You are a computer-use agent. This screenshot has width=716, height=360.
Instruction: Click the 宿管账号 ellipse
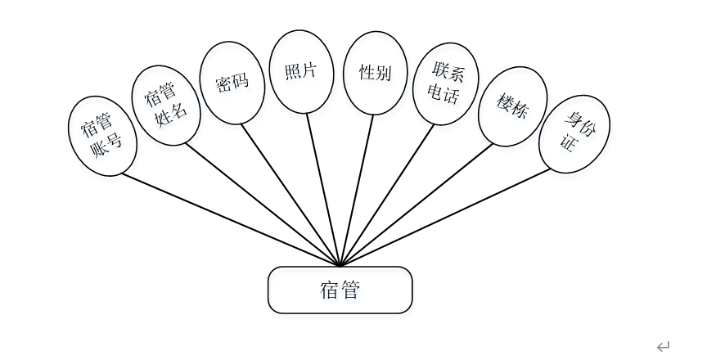pyautogui.click(x=101, y=135)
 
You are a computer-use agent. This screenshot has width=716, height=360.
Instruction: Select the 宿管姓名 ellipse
pyautogui.click(x=167, y=106)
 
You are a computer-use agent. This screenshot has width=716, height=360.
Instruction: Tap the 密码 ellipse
pyautogui.click(x=232, y=83)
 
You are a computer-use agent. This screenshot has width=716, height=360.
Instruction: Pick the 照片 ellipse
pyautogui.click(x=301, y=72)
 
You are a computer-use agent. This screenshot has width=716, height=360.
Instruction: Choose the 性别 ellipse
pyautogui.click(x=375, y=73)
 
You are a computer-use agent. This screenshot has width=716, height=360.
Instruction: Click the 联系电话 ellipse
pyautogui.click(x=446, y=83)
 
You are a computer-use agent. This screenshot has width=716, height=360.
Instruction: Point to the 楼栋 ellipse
pyautogui.click(x=511, y=106)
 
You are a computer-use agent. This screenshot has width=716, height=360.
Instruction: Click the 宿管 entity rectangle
pyautogui.click(x=340, y=290)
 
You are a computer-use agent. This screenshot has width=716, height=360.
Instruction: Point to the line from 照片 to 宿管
pyautogui.click(x=323, y=188)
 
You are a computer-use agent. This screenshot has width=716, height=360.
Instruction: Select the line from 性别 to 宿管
pyautogui.click(x=357, y=188)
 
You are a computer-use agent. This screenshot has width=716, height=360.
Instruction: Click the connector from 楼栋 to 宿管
pyautogui.click(x=417, y=204)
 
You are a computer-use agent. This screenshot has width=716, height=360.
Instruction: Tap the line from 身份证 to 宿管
pyautogui.click(x=446, y=217)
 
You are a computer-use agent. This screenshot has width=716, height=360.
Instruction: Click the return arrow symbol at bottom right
pyautogui.click(x=663, y=347)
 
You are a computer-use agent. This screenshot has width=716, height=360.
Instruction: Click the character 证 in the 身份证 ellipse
pyautogui.click(x=566, y=144)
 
